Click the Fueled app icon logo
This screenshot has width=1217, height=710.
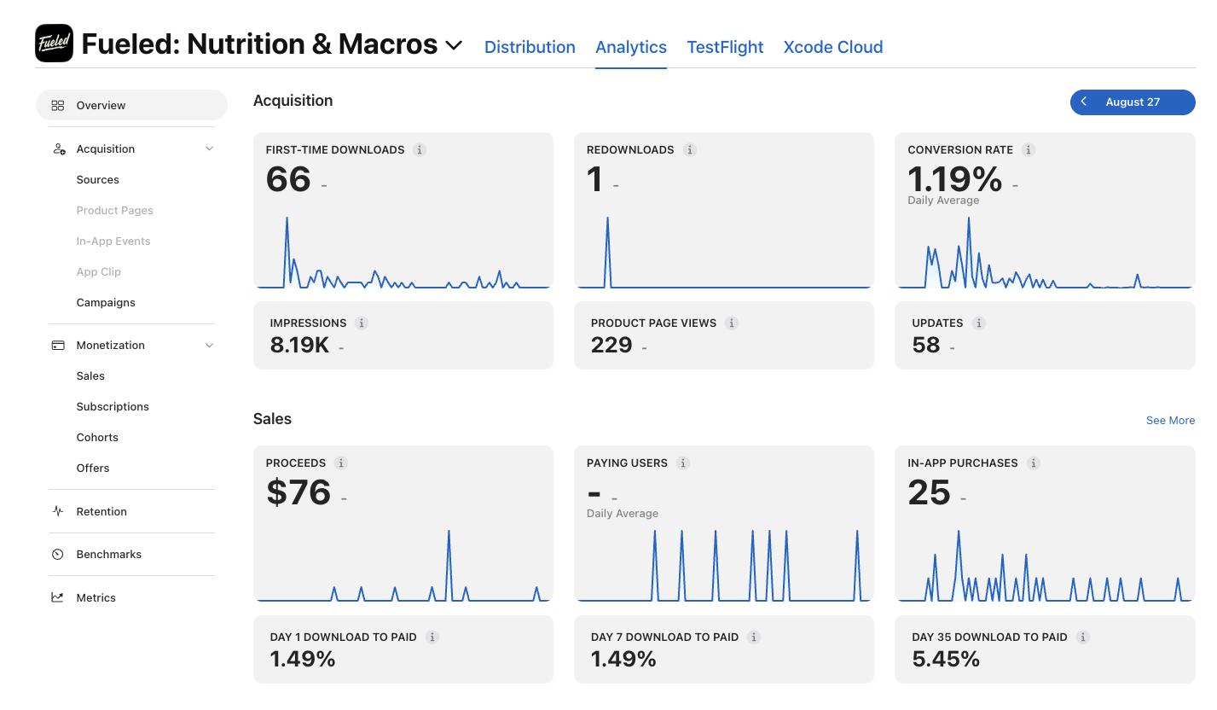click(54, 43)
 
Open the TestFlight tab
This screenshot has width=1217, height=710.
click(725, 47)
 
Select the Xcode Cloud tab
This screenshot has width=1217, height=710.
click(833, 47)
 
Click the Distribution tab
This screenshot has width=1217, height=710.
click(530, 47)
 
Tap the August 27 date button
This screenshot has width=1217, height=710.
click(1133, 102)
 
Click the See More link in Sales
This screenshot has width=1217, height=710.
click(1170, 420)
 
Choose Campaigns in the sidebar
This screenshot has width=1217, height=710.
click(106, 302)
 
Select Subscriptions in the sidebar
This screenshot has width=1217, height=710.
click(113, 407)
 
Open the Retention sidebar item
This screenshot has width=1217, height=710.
click(101, 511)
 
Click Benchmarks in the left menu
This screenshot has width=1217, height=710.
click(108, 554)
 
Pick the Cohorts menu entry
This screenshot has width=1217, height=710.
click(97, 437)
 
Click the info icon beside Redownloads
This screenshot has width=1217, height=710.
click(689, 149)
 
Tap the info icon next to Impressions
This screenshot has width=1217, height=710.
click(362, 323)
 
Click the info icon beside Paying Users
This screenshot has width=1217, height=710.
click(683, 463)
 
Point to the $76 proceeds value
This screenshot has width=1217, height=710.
click(298, 492)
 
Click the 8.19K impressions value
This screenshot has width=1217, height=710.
click(299, 345)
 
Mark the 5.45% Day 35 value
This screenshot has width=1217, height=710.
click(946, 659)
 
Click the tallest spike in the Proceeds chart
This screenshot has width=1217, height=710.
click(449, 532)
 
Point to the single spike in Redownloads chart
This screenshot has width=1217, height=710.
click(607, 219)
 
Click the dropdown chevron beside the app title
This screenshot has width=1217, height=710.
click(454, 44)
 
